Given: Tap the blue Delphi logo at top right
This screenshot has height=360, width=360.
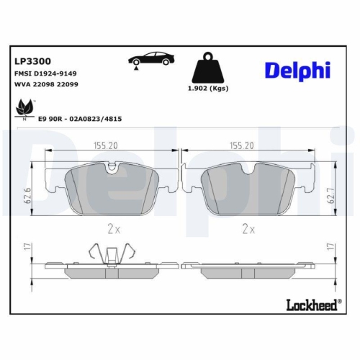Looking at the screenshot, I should click(x=297, y=71).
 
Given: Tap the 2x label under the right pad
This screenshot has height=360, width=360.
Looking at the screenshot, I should click(x=248, y=229).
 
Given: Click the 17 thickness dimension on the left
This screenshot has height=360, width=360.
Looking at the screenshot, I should click(x=25, y=248).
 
